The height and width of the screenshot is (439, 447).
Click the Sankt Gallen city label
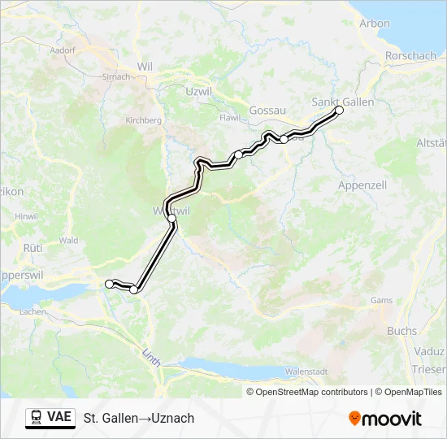tap(343, 102)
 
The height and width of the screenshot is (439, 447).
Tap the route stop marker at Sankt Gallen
tap(339, 110)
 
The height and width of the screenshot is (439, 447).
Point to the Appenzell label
tap(361, 185)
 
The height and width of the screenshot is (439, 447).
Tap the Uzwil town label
tap(198, 92)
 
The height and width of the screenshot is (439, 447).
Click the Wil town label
tap(145, 66)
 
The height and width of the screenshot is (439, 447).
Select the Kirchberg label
tap(143, 120)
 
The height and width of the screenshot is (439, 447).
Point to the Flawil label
tap(230, 117)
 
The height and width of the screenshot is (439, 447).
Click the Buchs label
tap(401, 331)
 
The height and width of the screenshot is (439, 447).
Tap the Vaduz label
tap(431, 350)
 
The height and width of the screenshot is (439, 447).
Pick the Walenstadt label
tap(306, 371)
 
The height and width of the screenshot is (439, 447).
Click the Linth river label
tap(151, 356)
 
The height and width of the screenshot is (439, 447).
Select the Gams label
tap(381, 300)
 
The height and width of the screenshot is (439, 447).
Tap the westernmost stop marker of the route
tap(109, 283)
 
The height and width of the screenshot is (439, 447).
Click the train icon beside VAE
tap(37, 417)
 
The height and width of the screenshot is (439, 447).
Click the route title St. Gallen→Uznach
tap(139, 418)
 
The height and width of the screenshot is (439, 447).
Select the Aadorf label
tap(62, 50)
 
